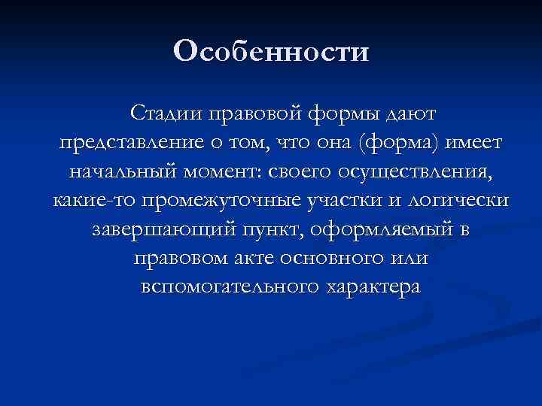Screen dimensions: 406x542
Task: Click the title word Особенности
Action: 271,52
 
